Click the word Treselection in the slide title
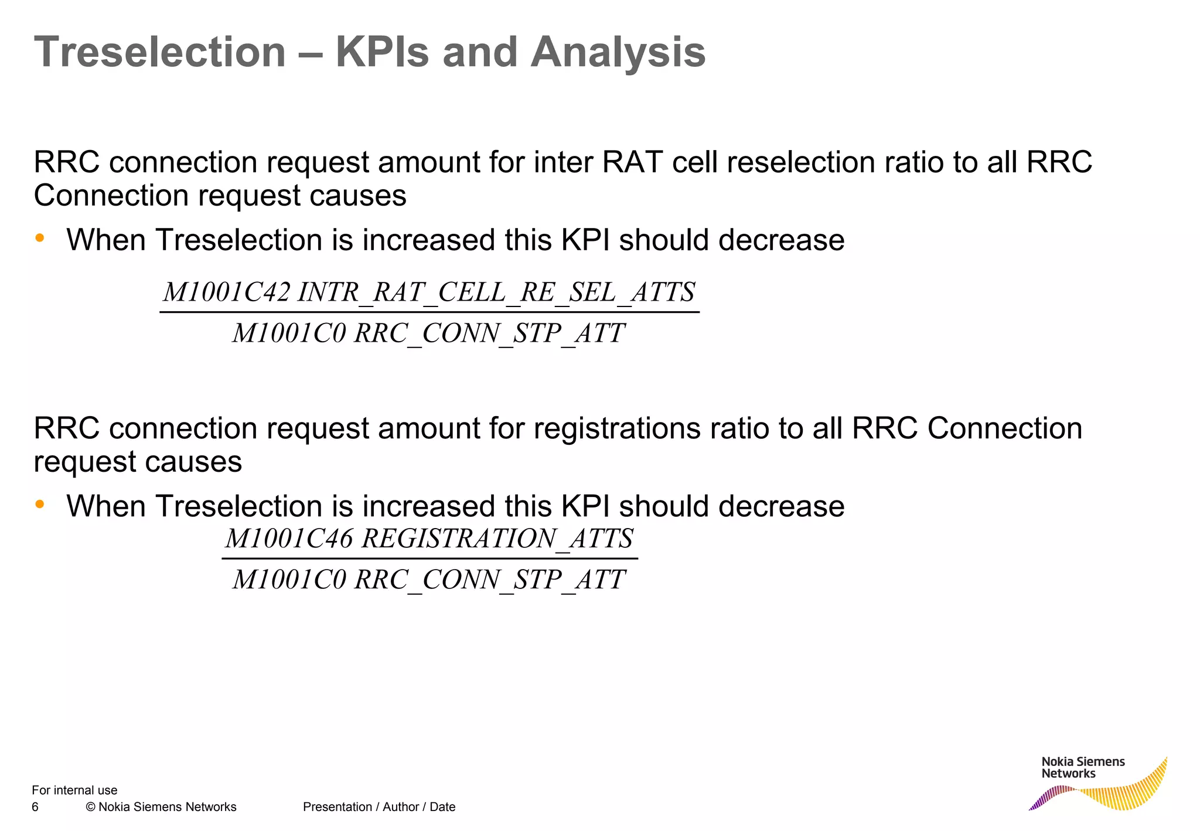coord(159,53)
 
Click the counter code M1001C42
coord(226,292)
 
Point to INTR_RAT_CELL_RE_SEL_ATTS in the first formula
coord(496,292)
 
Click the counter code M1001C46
coord(289,538)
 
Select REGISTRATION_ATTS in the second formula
coord(497,538)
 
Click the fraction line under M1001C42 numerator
coord(429,312)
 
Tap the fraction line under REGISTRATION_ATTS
coord(429,558)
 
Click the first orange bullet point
coord(40,238)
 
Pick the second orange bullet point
coord(40,504)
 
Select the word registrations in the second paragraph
coord(616,428)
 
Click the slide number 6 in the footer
coord(35,807)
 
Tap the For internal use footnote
coord(74,790)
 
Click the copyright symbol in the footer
coord(90,807)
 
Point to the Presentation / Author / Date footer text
coord(379,807)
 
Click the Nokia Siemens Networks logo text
coord(1083,767)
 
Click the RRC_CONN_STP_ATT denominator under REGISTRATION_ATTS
coord(429,580)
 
